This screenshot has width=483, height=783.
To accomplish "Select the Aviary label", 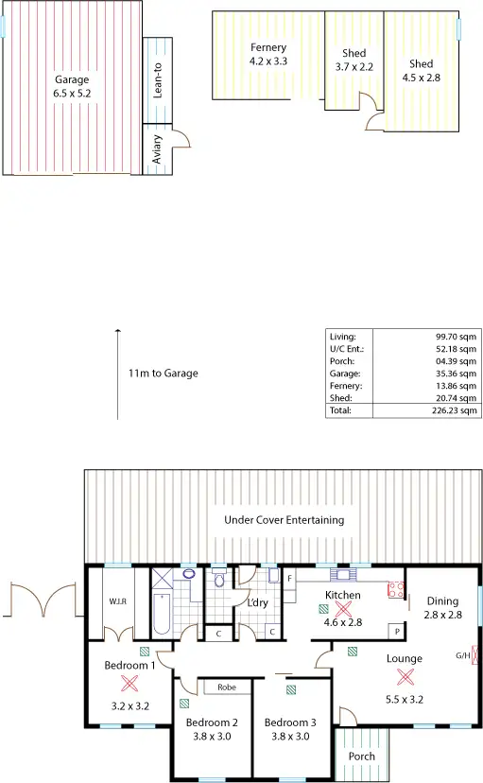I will point(158,150).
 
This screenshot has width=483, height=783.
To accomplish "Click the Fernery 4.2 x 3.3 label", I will point(267,54).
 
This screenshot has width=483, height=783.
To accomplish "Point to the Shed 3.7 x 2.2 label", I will point(354,61).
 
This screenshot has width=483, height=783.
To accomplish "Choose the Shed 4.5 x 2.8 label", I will point(422,71).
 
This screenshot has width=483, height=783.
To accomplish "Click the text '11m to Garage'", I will point(164,374).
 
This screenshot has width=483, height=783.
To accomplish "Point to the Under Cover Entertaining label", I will point(284,520).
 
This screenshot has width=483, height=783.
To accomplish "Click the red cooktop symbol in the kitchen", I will point(394,591).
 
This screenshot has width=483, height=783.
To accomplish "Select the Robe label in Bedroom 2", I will point(227,687).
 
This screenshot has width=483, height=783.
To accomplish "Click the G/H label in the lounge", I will point(463,654).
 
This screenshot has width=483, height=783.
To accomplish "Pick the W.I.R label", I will point(118,600).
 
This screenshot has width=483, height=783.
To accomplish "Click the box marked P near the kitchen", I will point(398,631).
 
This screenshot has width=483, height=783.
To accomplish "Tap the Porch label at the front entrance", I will point(362,756).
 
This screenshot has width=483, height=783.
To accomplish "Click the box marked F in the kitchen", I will point(289,577).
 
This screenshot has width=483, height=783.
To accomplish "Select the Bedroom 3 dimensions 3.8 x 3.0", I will point(289,737).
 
